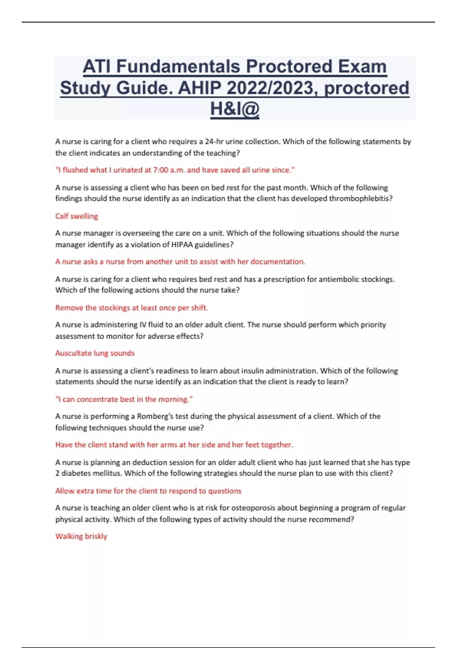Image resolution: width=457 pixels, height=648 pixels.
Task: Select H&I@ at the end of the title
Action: (x=235, y=109)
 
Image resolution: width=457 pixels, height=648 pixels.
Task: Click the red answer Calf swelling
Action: (x=77, y=216)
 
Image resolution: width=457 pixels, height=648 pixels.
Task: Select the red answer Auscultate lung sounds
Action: (x=95, y=353)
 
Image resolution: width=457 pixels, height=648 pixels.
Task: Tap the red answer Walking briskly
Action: (x=81, y=536)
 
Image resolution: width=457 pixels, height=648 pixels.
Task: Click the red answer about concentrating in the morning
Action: (x=124, y=399)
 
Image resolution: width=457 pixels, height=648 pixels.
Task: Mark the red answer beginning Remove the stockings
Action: (x=132, y=308)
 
